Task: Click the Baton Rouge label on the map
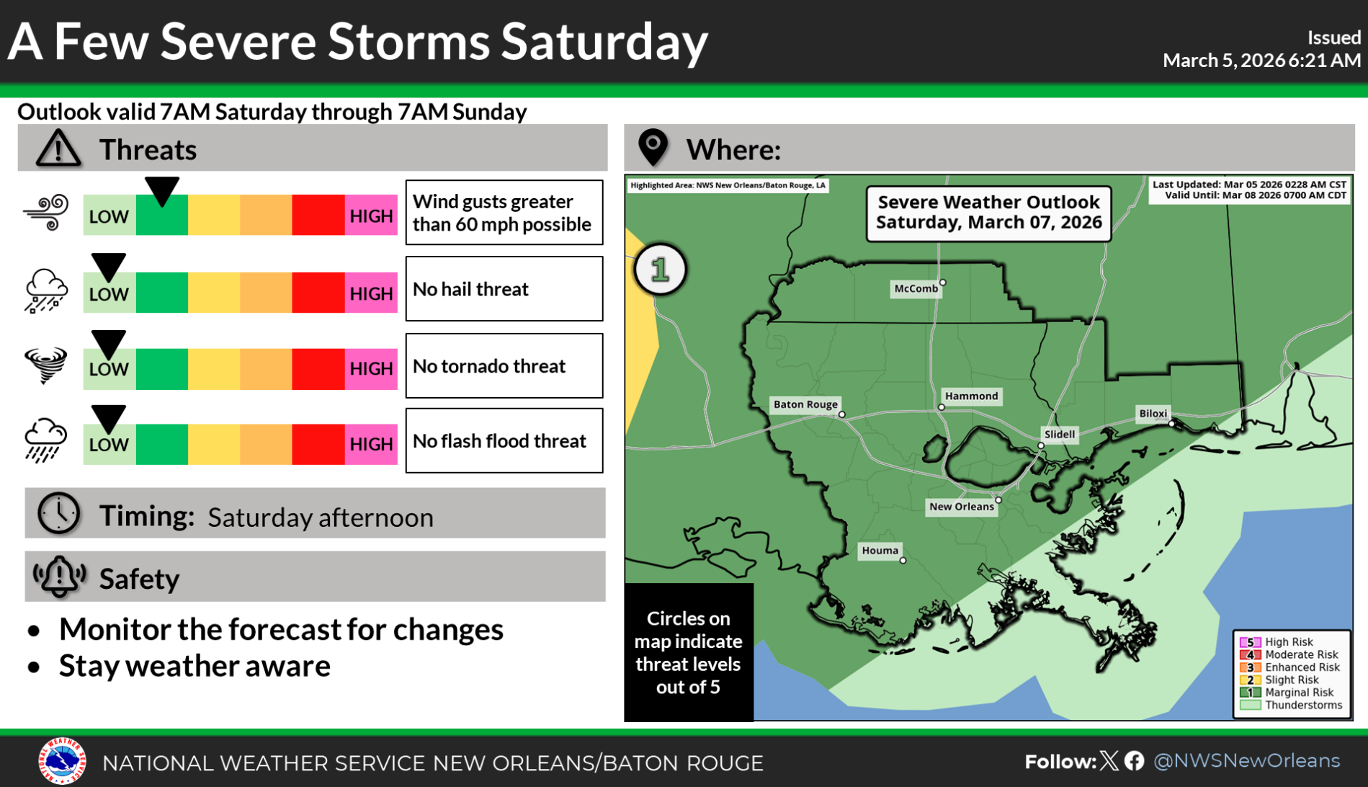pos(805,404)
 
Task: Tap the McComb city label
pos(916,288)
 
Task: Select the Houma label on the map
pos(880,551)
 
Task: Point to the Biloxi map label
pos(1153,414)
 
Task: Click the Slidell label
pos(1059,435)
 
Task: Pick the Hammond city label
pos(971,396)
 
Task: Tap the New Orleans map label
pos(961,507)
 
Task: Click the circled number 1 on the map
pos(660,270)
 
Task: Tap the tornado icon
pos(45,365)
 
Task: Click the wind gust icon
pos(46,213)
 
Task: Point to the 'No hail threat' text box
pos(504,289)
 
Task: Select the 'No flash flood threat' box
pos(504,441)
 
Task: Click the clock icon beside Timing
pos(58,514)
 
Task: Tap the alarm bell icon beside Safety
pos(59,577)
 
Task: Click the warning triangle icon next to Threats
pos(58,148)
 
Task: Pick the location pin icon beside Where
pos(653,147)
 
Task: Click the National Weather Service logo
pos(62,761)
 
